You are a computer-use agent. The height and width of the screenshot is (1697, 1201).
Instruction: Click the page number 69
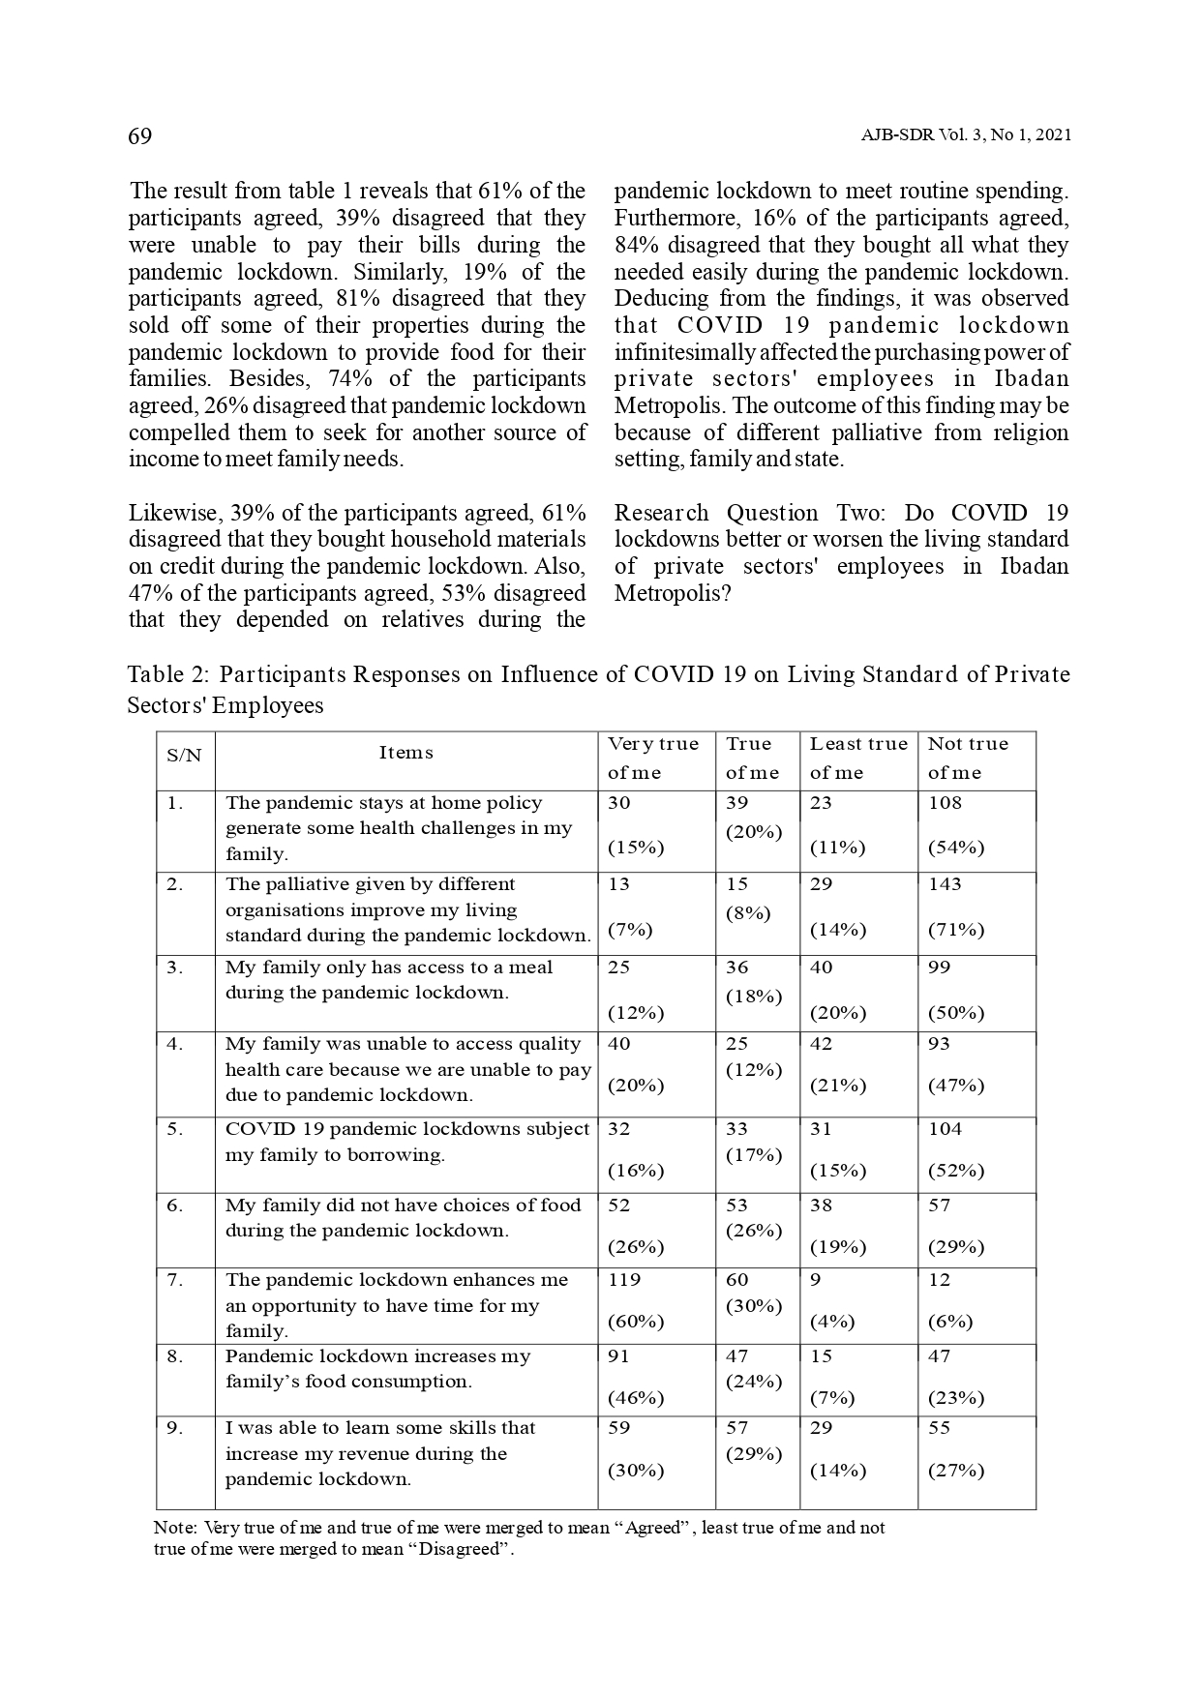coord(140,136)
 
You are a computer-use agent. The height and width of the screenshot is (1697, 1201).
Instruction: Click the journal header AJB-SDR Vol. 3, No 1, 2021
coord(965,136)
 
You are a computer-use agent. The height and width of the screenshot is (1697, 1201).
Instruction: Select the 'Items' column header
coord(405,753)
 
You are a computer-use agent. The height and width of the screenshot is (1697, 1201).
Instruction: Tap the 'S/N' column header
coord(184,755)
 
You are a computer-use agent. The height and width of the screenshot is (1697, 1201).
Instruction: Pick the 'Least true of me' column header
coord(858,758)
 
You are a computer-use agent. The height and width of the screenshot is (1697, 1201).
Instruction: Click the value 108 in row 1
coord(946,802)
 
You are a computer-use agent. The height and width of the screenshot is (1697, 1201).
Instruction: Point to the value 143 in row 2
coord(945,883)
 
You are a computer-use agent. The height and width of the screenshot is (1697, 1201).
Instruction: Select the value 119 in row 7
coord(624,1279)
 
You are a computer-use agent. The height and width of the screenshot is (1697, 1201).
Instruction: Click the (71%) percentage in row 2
coord(955,929)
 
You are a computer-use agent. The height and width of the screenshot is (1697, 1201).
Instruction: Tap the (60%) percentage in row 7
coord(635,1321)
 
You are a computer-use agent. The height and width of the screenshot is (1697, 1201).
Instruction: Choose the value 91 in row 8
coord(618,1355)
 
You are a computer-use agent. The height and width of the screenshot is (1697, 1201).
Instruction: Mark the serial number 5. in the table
coord(175,1128)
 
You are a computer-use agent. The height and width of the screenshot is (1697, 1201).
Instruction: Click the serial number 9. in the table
coord(175,1427)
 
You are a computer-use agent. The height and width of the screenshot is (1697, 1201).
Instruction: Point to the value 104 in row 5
coord(945,1128)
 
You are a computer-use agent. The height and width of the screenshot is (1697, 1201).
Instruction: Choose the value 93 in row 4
coord(939,1043)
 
